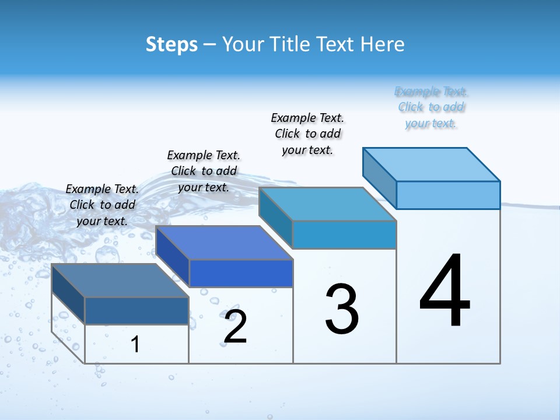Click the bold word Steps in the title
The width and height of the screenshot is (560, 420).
pos(171,44)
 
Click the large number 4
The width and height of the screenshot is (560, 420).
pos(445,292)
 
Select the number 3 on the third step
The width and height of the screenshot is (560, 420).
pos(342,310)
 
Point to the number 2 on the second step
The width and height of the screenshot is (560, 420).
pos(236,327)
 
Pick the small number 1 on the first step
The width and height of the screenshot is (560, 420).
pos(135,344)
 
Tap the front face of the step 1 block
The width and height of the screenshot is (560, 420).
pos(136,311)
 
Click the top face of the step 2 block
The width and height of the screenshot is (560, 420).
pos(224,242)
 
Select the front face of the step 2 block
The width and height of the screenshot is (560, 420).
pos(241,273)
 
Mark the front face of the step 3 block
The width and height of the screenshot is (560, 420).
pos(344,235)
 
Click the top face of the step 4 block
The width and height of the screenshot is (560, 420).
pos(432,164)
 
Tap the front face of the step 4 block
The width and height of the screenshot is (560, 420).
pos(448,195)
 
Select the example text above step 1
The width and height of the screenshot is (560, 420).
pos(102,205)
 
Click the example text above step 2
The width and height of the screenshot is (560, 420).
pos(204,171)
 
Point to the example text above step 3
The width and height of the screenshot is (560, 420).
pos(307,134)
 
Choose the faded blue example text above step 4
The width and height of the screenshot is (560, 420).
pos(431,107)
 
